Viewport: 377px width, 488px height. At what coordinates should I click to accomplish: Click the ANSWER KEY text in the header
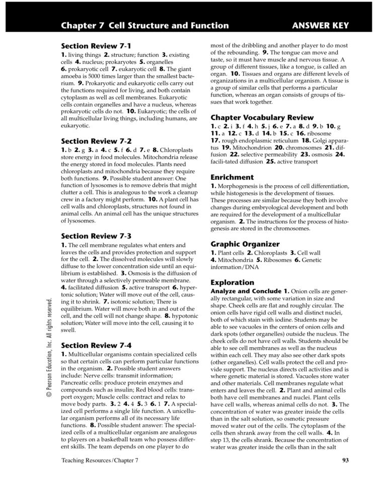coord(321,26)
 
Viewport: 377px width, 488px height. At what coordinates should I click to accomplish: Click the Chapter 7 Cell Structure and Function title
coord(144,26)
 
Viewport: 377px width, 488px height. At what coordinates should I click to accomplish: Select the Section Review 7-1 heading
coord(96,46)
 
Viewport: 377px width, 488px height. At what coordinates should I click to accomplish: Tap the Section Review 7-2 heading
coord(96,141)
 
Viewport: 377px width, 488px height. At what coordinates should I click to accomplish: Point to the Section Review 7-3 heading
coord(96,235)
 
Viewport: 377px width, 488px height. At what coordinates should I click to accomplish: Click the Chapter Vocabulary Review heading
coord(262,117)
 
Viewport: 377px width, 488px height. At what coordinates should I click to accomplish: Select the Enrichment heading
coord(232,177)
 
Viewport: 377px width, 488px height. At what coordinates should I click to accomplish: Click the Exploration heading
coord(233,282)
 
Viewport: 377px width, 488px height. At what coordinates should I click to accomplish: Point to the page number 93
coord(345,460)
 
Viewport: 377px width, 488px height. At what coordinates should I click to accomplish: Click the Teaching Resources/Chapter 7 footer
coord(100,460)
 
